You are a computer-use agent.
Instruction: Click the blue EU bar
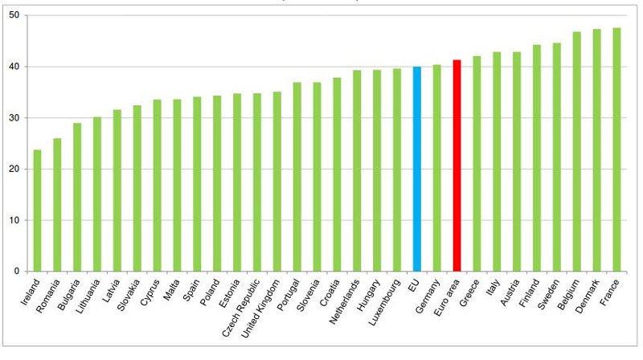click(x=417, y=169)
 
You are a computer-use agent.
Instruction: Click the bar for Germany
click(x=437, y=168)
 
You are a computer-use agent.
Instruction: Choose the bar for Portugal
click(x=297, y=177)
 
